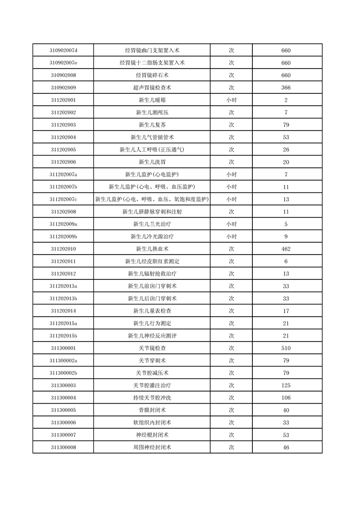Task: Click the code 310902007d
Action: [63, 50]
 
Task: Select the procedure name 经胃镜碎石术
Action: [152, 75]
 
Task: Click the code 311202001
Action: [63, 100]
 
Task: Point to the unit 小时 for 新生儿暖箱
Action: [231, 100]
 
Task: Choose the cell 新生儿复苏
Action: [152, 125]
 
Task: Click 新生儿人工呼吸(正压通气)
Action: [152, 149]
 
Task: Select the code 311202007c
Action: [63, 199]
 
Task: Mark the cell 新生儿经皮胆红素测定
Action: [152, 261]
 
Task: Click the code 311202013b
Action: [63, 299]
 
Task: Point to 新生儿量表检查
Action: [152, 311]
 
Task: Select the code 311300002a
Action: [63, 360]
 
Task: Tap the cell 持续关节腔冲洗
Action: [152, 398]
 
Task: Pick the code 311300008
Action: [63, 447]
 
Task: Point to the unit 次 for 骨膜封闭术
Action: [231, 410]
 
